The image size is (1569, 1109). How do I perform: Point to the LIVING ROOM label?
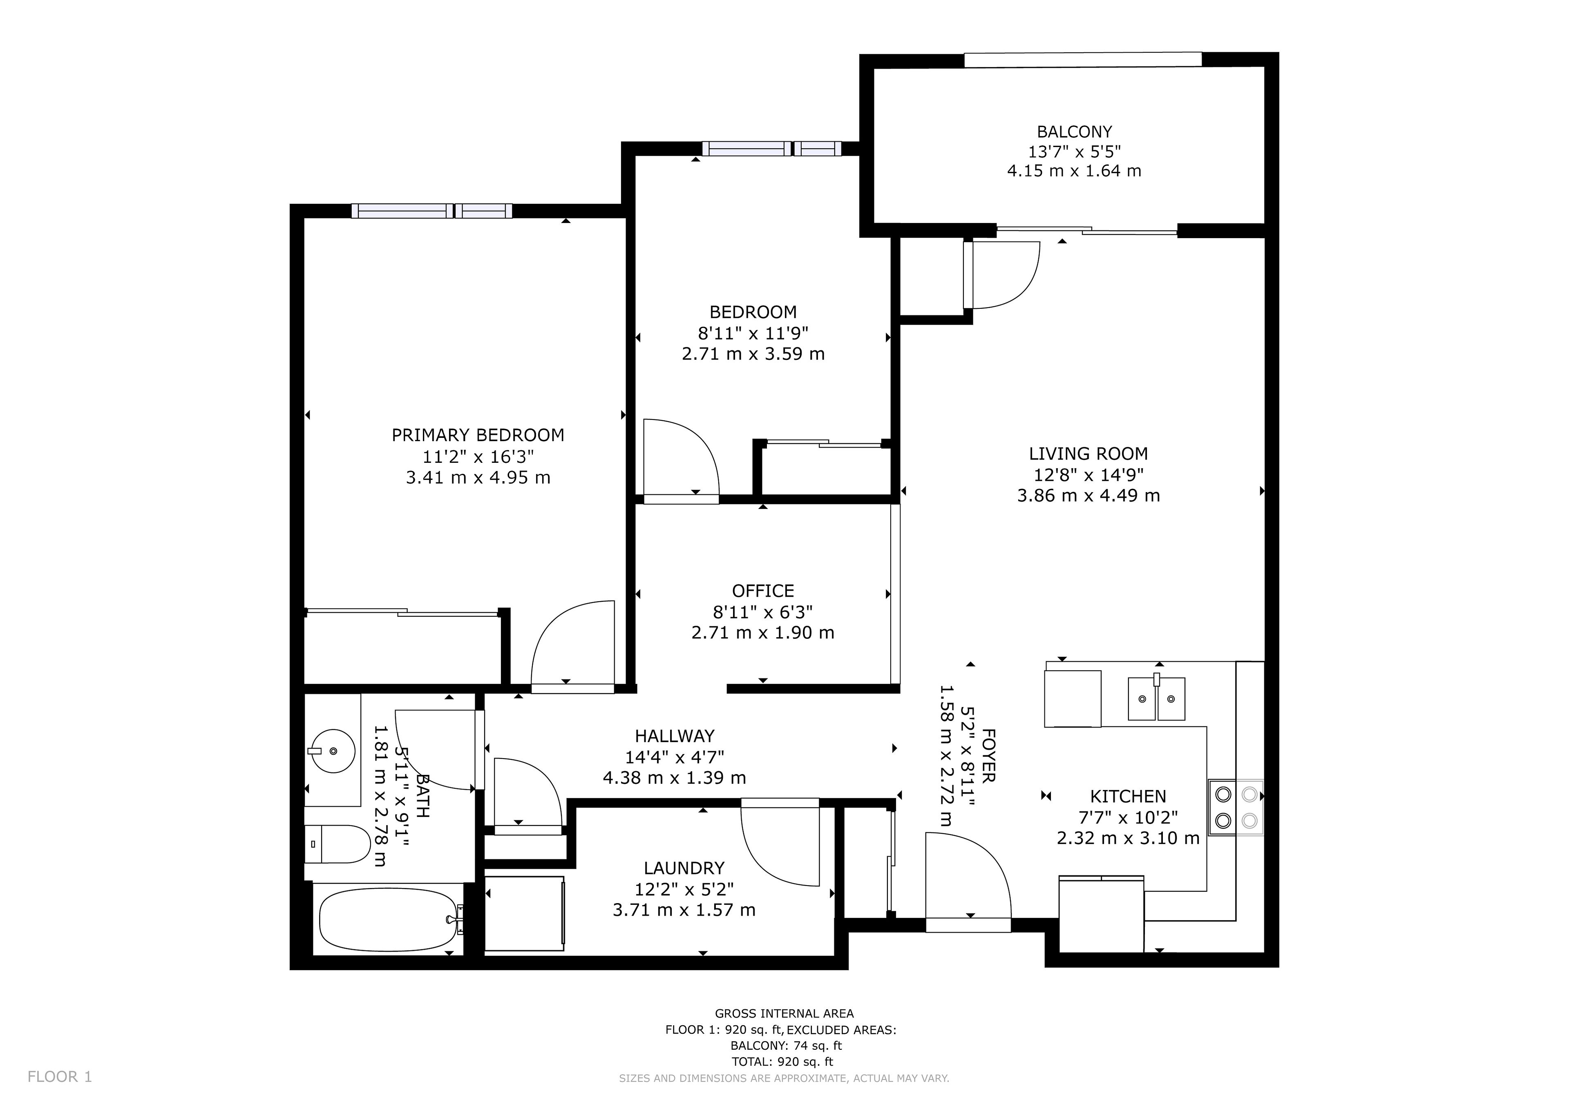[1088, 454]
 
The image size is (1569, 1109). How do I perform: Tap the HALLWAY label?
[675, 736]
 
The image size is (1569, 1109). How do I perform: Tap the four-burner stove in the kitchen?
[1236, 807]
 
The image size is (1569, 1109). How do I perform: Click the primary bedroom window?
[432, 211]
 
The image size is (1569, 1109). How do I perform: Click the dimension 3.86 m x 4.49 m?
[1088, 495]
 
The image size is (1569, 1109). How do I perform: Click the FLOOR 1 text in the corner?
[60, 1077]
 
